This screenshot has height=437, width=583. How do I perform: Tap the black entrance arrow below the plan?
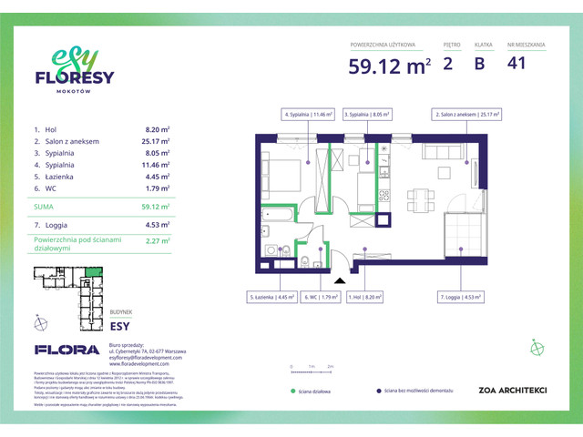(x=341, y=282)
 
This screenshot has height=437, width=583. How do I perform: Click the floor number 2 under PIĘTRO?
(x=448, y=63)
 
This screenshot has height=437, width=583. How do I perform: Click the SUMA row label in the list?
(x=46, y=207)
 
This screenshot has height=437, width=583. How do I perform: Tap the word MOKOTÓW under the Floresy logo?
(x=75, y=92)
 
